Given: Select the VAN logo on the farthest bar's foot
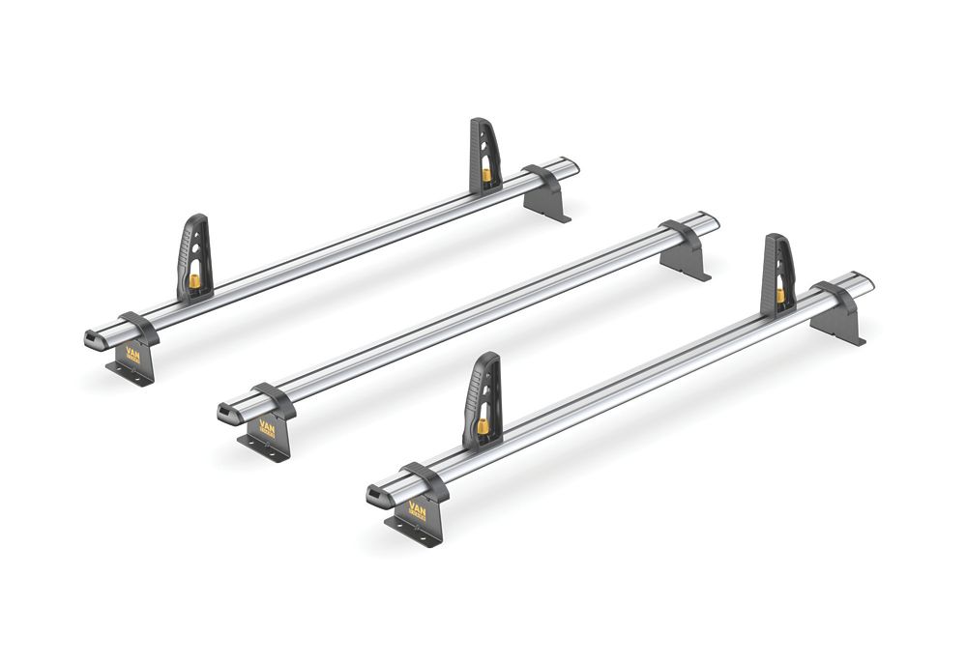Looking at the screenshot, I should click(x=132, y=355).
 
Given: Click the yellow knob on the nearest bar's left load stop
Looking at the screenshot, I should click(x=482, y=425).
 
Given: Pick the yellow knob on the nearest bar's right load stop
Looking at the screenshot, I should click(x=779, y=294).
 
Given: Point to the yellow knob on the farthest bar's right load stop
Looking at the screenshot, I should click(x=486, y=175).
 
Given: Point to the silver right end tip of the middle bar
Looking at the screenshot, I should click(x=711, y=222).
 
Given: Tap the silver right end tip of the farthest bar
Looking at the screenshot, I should click(x=571, y=166).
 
